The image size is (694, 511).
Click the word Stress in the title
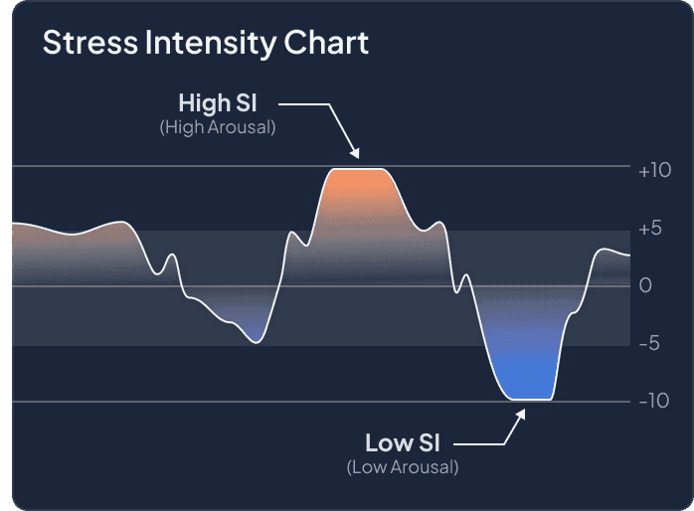point(90,43)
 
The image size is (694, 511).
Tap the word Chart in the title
point(326,43)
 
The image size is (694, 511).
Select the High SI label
point(218,102)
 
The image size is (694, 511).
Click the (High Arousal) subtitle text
point(218,127)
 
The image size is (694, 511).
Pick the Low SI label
point(403,442)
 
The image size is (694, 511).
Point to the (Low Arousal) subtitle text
point(403,466)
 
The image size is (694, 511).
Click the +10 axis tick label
point(654,170)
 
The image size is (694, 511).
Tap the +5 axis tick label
point(650,229)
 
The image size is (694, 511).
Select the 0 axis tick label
point(645,285)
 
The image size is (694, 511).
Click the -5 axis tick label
point(649,343)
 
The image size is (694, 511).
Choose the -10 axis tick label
point(654,401)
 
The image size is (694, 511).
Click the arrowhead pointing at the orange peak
point(355,153)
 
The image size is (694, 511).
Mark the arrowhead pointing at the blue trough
point(521,414)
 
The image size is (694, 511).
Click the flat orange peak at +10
point(359,169)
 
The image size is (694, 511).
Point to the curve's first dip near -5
point(257,342)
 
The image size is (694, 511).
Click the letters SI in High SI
point(247,102)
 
